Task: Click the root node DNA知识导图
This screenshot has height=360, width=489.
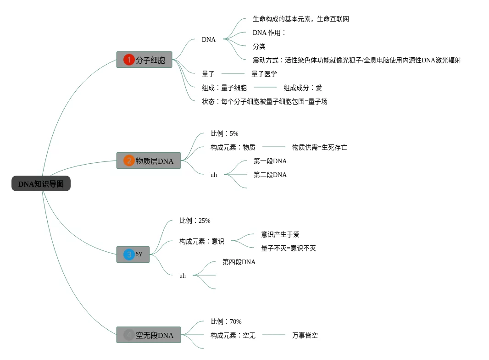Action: point(41,184)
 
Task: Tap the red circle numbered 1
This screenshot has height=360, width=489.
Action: point(129,60)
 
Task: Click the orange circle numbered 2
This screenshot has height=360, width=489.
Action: point(129,161)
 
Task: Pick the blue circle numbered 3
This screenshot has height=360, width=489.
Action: point(129,254)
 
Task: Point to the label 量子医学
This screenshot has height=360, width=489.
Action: point(264,74)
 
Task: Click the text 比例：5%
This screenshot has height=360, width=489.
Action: point(224,133)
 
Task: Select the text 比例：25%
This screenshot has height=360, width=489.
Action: point(194,221)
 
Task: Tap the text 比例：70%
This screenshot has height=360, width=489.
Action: point(226,321)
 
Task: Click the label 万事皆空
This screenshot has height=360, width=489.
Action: point(305,335)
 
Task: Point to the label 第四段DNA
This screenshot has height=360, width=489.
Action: point(239,262)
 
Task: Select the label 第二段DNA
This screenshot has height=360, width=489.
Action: point(270,175)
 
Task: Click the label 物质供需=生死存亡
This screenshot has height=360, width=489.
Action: point(319,147)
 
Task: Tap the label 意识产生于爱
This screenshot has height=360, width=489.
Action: point(280,234)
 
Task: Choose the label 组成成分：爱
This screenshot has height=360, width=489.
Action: point(302,88)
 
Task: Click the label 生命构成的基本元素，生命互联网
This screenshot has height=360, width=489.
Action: point(300,19)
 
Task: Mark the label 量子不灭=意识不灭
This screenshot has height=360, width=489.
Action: point(288,248)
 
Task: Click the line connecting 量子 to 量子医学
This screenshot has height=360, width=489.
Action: point(233,73)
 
